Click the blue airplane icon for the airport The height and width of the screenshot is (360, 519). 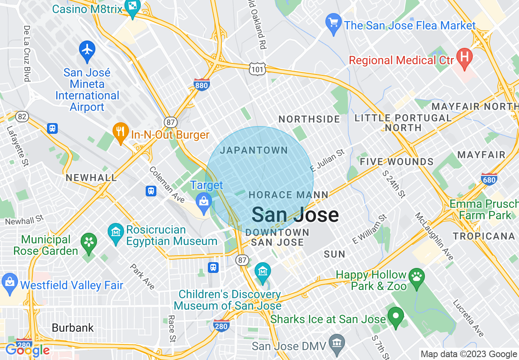click(x=87, y=49)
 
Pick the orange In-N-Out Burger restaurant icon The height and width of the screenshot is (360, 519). click(x=120, y=131)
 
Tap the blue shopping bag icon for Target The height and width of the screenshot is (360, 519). click(x=203, y=201)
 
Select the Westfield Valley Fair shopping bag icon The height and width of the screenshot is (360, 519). click(x=9, y=282)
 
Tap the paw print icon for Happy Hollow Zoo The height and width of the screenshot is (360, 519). click(x=417, y=277)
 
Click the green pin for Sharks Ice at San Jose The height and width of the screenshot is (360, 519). click(x=395, y=316)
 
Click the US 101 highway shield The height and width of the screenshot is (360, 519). click(x=257, y=70)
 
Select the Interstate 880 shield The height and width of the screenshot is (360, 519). click(x=202, y=84)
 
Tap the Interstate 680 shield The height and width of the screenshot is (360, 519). click(x=489, y=179)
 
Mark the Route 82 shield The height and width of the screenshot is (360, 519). click(x=23, y=117)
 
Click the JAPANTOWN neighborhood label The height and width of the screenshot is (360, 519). click(x=254, y=151)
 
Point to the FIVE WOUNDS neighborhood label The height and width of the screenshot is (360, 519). click(x=396, y=162)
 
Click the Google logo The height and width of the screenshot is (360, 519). click(x=27, y=350)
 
